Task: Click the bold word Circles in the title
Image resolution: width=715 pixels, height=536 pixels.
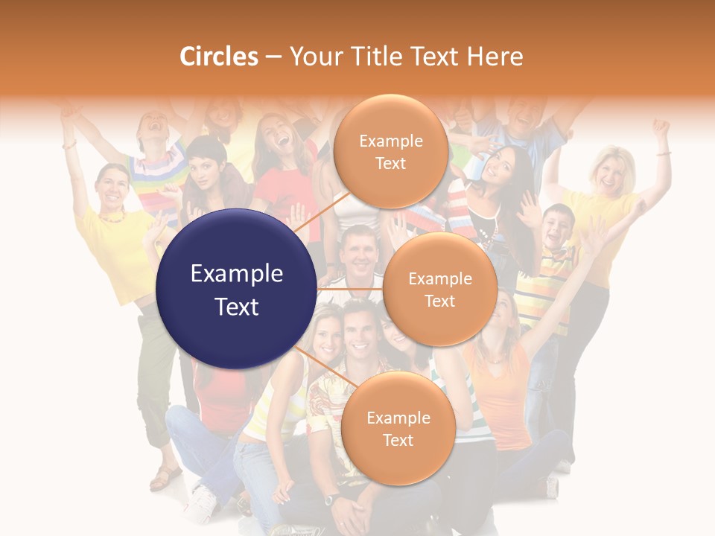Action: [x=219, y=57]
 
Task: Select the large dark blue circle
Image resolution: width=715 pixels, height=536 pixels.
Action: [x=236, y=290]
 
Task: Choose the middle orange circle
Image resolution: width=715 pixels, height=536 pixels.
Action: [x=439, y=290]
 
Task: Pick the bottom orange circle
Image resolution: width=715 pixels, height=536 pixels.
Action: [x=398, y=428]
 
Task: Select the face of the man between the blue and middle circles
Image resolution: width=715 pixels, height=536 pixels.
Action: [x=359, y=252]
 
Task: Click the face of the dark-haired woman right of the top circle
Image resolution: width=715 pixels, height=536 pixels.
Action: [x=498, y=168]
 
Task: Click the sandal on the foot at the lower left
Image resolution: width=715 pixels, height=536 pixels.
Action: [x=165, y=477]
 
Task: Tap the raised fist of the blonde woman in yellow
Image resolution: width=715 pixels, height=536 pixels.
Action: [x=660, y=127]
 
